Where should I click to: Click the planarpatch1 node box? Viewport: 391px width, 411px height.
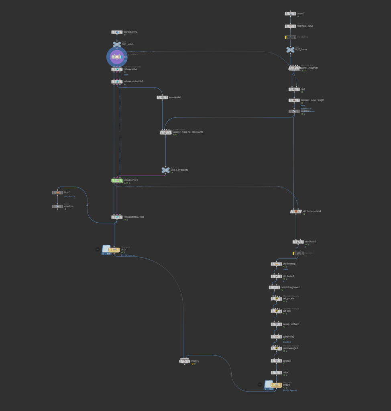coord(117,32)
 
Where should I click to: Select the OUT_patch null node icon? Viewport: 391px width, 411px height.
coord(117,45)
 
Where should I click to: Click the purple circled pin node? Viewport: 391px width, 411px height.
coord(117,57)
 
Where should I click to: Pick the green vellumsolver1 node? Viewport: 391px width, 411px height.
coord(117,181)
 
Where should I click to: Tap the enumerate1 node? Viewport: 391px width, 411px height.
coord(162,97)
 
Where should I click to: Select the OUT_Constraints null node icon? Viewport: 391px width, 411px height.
coord(165,170)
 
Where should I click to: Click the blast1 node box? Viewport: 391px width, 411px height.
coord(57,193)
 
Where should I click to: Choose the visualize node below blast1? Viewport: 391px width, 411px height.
coord(57,206)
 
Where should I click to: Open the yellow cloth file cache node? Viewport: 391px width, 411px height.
coord(114,250)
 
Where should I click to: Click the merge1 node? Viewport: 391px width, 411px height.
coord(184,361)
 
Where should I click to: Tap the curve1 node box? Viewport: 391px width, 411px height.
coord(290,14)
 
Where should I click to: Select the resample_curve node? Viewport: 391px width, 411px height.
coord(290,26)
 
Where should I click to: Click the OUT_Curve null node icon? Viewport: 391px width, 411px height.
coord(290,49)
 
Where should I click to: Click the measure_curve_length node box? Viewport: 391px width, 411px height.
coord(294,100)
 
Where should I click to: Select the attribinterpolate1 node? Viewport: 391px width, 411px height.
coord(296,211)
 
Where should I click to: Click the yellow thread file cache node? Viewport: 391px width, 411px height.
coord(277,385)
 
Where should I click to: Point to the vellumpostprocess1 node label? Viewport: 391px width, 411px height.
coord(134,217)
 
